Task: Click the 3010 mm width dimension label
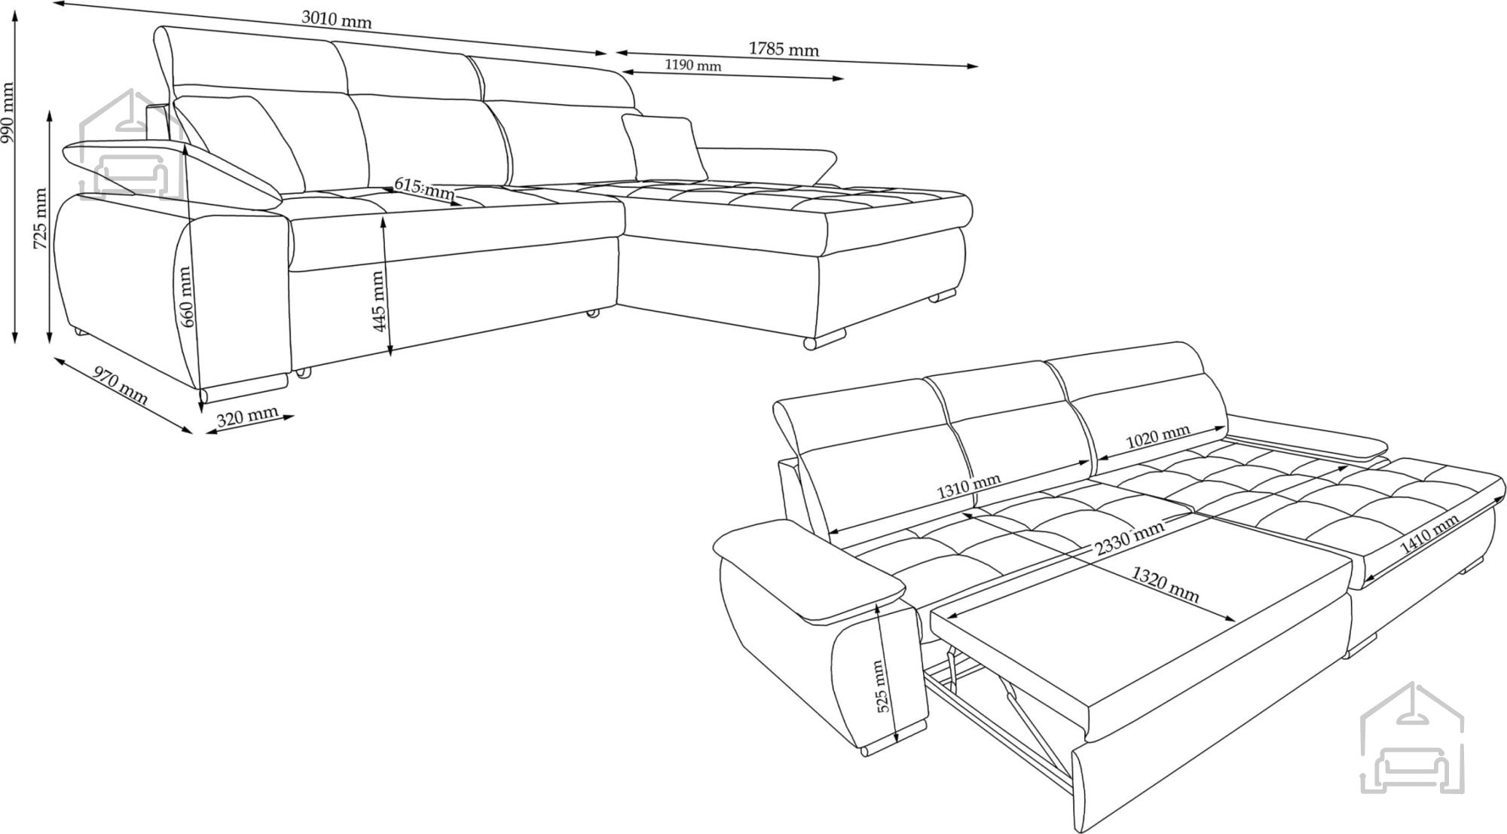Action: (x=337, y=20)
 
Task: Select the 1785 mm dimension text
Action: (x=784, y=49)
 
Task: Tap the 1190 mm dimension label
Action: (x=693, y=66)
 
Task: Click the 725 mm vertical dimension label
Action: (x=41, y=219)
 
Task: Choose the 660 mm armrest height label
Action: (x=185, y=297)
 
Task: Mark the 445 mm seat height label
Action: (x=379, y=301)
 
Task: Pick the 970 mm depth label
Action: (x=120, y=385)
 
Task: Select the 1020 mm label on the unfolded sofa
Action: (x=1158, y=437)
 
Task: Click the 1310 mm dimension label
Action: (x=969, y=487)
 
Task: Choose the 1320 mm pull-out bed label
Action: (x=1166, y=585)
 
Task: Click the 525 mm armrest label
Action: (x=883, y=686)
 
